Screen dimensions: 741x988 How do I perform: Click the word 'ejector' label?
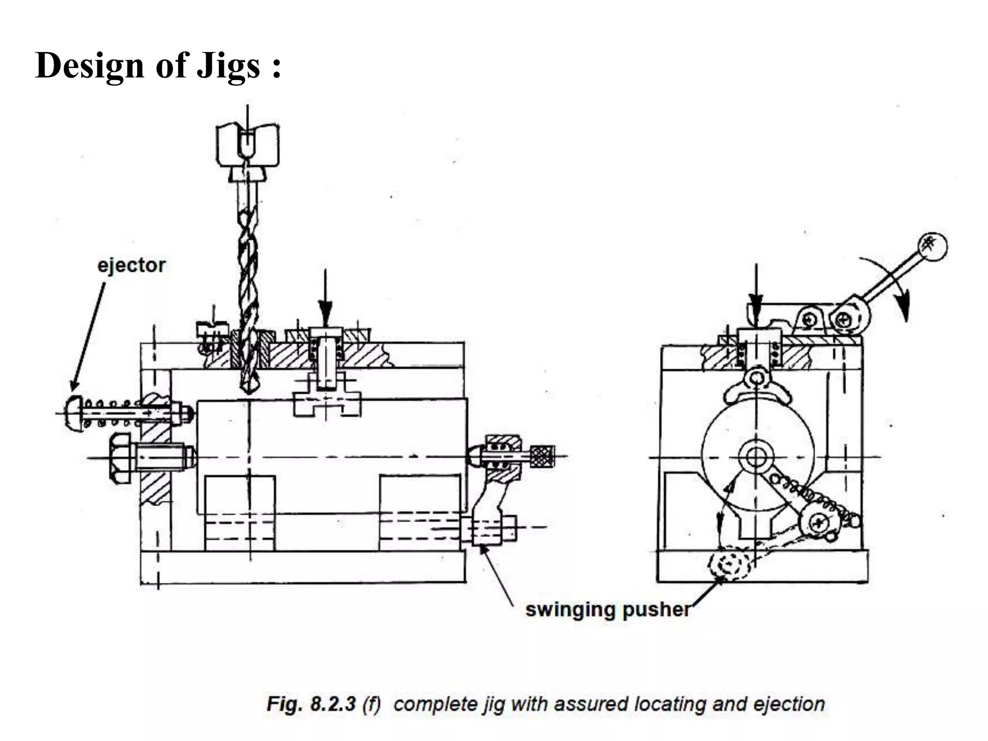tap(131, 266)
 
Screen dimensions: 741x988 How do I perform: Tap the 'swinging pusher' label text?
tap(607, 610)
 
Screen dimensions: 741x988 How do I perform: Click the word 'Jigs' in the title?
tap(229, 65)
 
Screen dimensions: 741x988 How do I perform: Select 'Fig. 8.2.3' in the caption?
tap(311, 704)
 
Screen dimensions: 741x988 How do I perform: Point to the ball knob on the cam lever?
tap(933, 247)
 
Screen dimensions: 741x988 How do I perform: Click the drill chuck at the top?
tap(247, 145)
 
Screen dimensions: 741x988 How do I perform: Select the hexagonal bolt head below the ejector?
tap(119, 457)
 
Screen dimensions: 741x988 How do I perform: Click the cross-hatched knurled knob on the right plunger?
tap(542, 456)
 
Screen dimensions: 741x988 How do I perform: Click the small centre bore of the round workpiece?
tap(756, 456)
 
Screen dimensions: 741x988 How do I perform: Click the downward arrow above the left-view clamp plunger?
tap(325, 297)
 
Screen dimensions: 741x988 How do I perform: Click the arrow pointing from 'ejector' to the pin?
tap(88, 335)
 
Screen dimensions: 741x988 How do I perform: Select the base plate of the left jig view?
tap(302, 567)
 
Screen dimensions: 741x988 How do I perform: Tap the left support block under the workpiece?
tap(240, 512)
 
